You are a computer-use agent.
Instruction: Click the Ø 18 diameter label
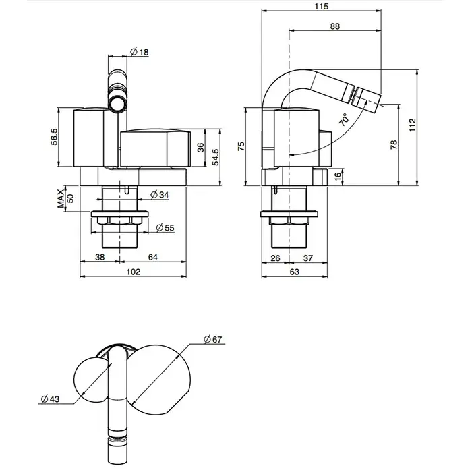[x=140, y=52]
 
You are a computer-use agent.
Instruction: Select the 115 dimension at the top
[x=321, y=6]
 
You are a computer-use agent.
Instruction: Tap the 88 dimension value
[x=334, y=26]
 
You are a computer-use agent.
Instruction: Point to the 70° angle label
[x=344, y=119]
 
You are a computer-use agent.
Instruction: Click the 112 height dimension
[x=413, y=125]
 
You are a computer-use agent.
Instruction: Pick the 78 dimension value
[x=394, y=144]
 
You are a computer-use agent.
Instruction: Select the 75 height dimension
[x=241, y=146]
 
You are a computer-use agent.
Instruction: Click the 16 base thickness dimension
[x=338, y=175]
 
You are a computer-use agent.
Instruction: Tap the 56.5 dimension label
[x=54, y=137]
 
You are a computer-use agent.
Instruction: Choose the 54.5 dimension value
[x=216, y=157]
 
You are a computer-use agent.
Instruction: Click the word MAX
[x=61, y=198]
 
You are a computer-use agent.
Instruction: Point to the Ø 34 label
[x=160, y=195]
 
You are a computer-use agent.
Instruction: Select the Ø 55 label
[x=165, y=228]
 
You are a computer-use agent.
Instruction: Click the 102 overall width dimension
[x=133, y=272]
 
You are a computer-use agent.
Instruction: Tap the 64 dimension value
[x=152, y=257]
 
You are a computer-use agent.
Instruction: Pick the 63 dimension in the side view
[x=295, y=272]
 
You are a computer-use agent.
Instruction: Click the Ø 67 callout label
[x=212, y=339]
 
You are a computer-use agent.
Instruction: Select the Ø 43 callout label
[x=50, y=399]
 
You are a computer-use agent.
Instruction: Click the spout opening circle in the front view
[x=117, y=102]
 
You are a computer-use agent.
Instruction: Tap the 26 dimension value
[x=275, y=258]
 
